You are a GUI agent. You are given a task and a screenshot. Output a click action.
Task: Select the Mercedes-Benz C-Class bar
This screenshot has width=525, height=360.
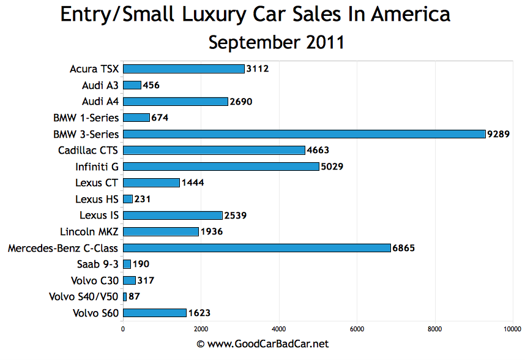[x=257, y=248]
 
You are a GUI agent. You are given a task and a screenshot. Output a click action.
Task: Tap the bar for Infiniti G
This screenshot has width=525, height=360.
[x=221, y=166]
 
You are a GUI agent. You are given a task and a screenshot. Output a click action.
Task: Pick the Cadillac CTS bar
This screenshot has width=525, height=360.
[x=214, y=150]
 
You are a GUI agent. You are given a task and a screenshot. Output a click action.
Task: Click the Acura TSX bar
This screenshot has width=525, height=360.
[x=184, y=69]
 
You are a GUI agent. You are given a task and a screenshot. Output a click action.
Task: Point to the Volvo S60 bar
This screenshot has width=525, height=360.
[x=155, y=313]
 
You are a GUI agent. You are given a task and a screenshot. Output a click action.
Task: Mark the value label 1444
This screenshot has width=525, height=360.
[x=193, y=182]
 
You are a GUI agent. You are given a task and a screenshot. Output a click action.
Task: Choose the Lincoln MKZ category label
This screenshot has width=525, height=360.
[x=89, y=231]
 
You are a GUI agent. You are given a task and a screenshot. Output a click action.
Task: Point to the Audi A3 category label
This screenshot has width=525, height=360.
[x=100, y=85]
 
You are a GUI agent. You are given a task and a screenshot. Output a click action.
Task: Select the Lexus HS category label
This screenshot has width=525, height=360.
[x=97, y=199]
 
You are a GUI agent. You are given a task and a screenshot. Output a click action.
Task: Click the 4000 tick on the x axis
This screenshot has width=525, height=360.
[x=279, y=329]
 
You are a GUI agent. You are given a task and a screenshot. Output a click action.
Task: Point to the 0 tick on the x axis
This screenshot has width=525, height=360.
[x=124, y=329]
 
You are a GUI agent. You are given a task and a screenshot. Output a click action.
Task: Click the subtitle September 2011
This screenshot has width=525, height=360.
[x=276, y=43]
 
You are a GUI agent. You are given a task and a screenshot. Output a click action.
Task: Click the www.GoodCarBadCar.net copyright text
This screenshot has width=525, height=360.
[x=262, y=345]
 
